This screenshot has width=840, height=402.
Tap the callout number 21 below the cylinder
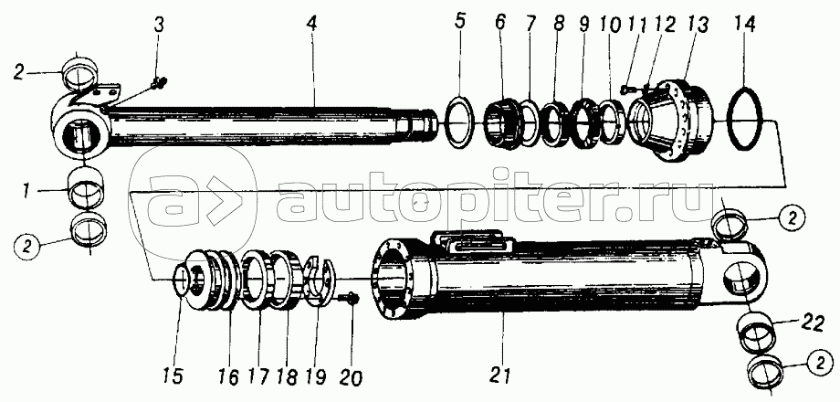[499, 375]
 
